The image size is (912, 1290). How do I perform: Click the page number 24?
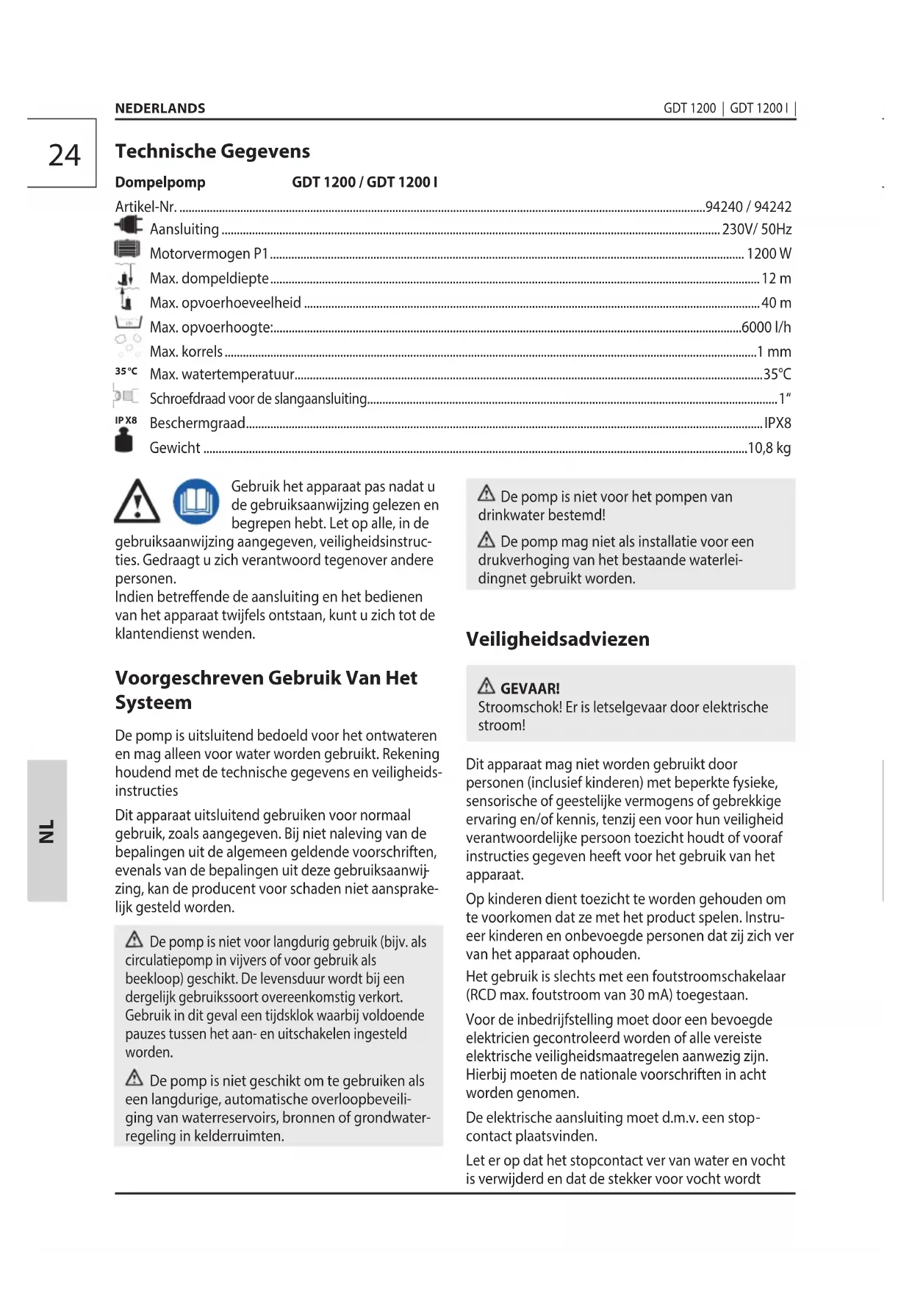pos(64,155)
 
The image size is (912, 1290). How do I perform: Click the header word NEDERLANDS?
pos(159,108)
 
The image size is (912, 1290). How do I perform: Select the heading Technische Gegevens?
pos(212,152)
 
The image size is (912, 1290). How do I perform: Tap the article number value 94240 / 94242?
pos(748,207)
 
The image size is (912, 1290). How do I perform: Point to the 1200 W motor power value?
pos(769,254)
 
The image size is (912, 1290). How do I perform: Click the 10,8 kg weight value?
pos(769,448)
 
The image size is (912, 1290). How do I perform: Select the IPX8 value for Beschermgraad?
pos(778,423)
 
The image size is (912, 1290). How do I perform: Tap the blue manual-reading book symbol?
pos(195,502)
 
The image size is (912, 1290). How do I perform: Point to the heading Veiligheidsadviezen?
pos(557,639)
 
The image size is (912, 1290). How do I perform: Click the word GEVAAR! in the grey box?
pos(530,688)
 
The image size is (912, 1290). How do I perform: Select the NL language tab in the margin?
pos(47,830)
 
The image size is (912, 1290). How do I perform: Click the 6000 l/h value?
pos(766,327)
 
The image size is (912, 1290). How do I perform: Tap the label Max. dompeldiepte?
pos(209,279)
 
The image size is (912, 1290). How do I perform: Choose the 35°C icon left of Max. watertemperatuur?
pos(126,371)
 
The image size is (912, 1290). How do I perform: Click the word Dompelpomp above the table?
pos(160,182)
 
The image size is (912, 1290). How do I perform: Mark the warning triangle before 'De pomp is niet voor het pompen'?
pos(486,493)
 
